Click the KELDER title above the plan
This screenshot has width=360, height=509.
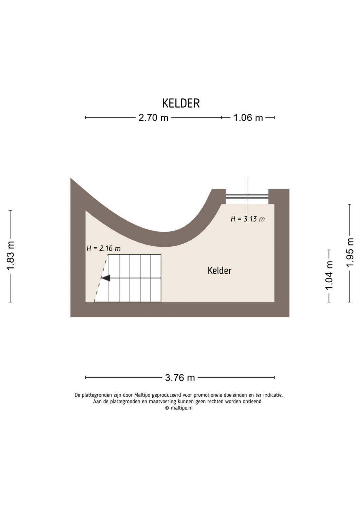pyautogui.click(x=181, y=103)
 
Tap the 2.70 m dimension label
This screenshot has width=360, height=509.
pyautogui.click(x=153, y=118)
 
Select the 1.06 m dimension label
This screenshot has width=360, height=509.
pyautogui.click(x=248, y=118)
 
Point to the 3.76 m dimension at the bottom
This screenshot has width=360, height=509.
pyautogui.click(x=180, y=377)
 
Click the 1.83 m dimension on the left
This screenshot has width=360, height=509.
pyautogui.click(x=11, y=256)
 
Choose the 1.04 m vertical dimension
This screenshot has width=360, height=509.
pyautogui.click(x=329, y=275)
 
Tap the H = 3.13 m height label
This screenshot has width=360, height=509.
pyautogui.click(x=248, y=219)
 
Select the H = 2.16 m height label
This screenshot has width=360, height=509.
pyautogui.click(x=103, y=248)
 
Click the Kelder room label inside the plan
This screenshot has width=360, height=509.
pyautogui.click(x=220, y=271)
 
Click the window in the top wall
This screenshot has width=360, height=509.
pyautogui.click(x=247, y=196)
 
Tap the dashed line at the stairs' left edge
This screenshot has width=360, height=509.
pyautogui.click(x=101, y=278)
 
